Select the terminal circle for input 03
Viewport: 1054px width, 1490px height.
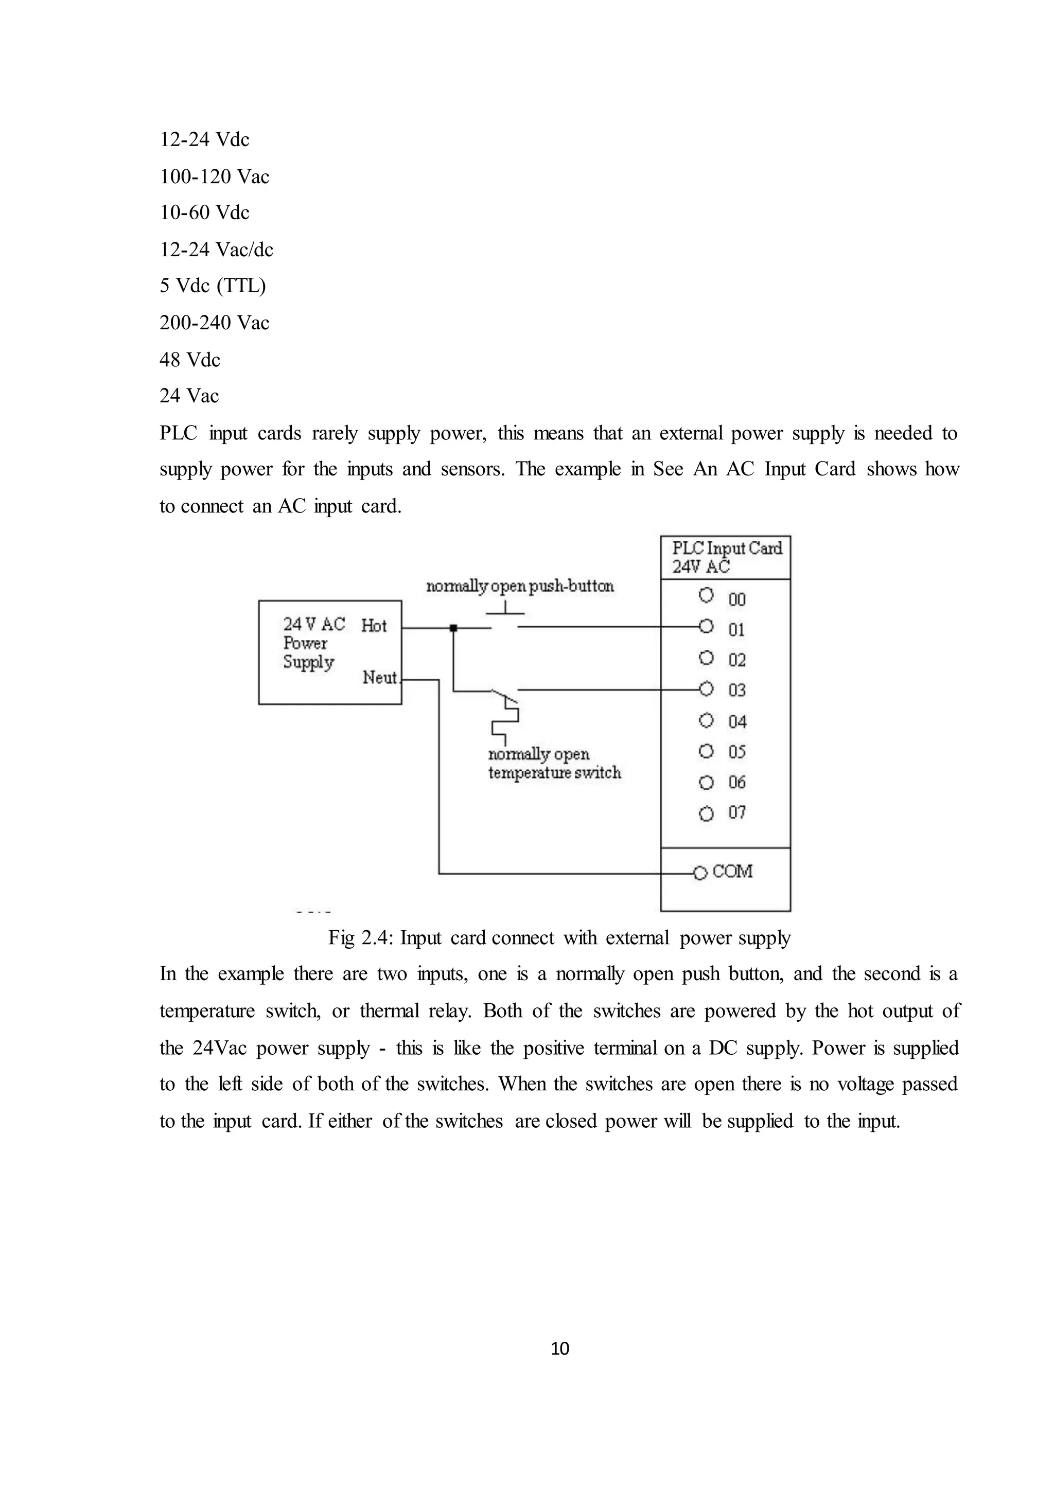[706, 688]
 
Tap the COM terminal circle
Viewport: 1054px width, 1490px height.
[699, 874]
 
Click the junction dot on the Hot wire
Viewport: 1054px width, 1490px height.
[453, 628]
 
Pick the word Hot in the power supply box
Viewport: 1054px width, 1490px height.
[374, 626]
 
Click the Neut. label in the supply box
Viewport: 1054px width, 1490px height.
[380, 678]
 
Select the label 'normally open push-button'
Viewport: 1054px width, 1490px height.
[520, 587]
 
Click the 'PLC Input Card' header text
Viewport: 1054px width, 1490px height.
[727, 548]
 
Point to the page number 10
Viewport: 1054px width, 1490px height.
[559, 1349]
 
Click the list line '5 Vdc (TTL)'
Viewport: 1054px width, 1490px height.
[213, 286]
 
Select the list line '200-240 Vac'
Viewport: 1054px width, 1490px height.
[214, 323]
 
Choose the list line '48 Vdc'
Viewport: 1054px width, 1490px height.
[190, 360]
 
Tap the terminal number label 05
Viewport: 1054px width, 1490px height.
[736, 752]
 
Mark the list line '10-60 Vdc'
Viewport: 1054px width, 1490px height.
[204, 212]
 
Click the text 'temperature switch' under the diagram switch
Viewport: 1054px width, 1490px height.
[554, 773]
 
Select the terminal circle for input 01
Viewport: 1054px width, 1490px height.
[706, 626]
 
